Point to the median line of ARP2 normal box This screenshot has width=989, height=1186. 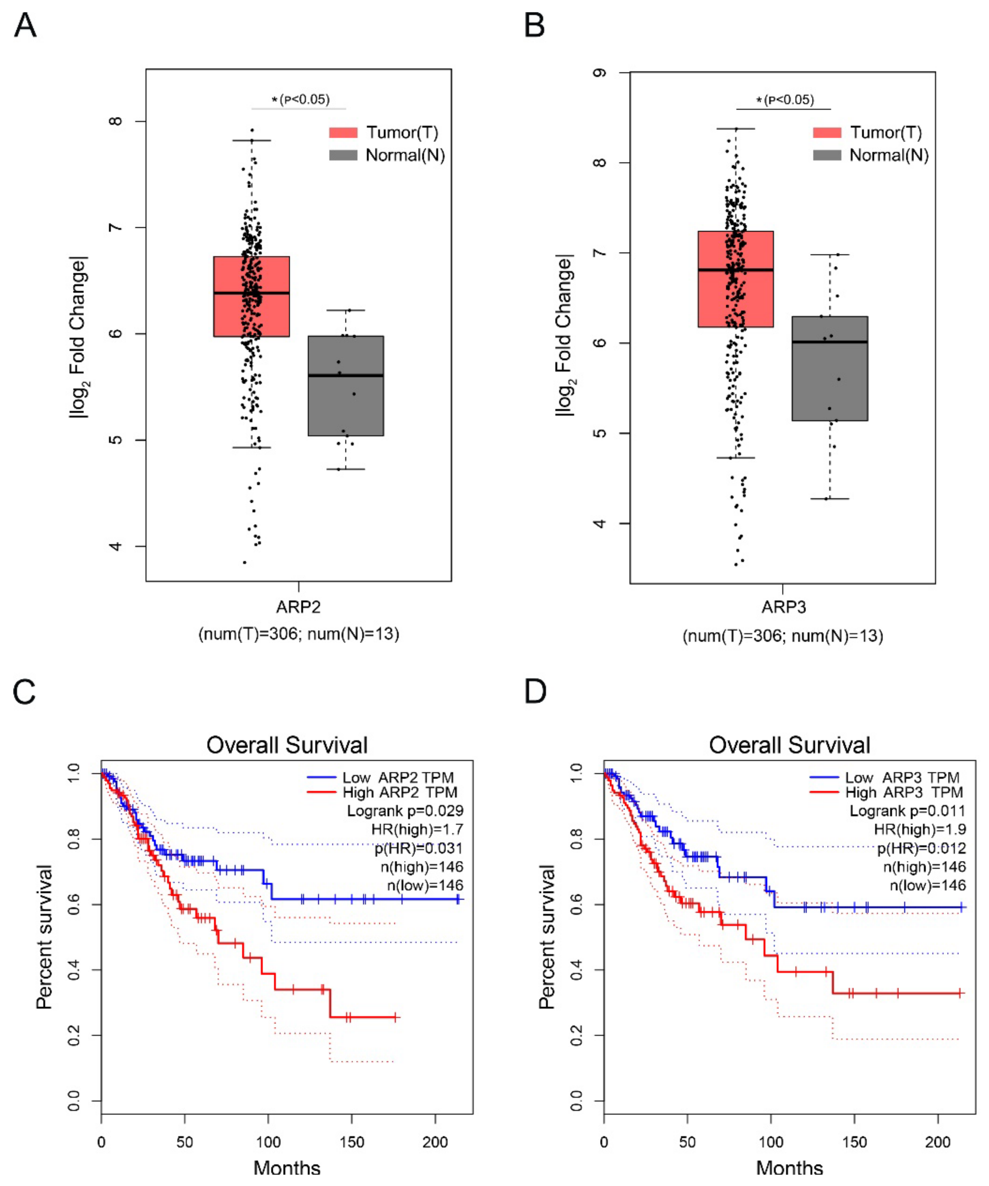coord(346,375)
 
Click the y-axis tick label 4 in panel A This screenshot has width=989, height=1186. coord(116,546)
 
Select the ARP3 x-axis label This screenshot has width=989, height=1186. coord(783,607)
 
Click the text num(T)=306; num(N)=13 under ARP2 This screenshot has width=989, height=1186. coord(298,634)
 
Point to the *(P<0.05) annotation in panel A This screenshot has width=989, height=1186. coord(300,99)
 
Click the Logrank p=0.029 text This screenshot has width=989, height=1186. coord(405,811)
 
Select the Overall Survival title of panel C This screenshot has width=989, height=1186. coord(287,745)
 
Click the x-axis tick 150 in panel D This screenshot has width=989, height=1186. coord(854,1142)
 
